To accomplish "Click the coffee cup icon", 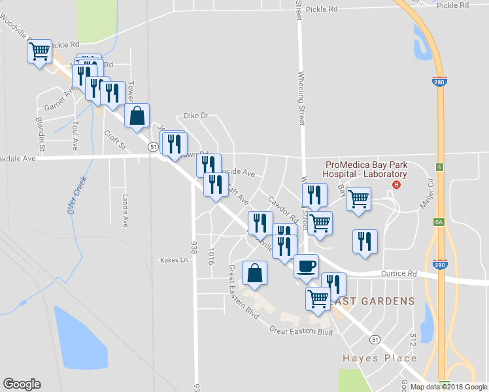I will pos(306,266).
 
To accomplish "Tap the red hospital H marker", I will pos(395,186).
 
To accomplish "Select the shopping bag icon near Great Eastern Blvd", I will pos(254,273).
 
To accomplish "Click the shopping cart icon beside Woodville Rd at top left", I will pos(39,51).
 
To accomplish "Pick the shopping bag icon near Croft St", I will pos(137,116).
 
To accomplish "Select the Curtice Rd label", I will pos(399,274).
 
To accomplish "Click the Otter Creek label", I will pos(76,195).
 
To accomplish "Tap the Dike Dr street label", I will pos(195,116).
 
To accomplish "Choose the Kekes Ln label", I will pos(174,260).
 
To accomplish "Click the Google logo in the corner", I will pos(22,384).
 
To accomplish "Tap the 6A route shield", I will pos(439,222).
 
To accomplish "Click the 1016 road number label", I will pos(211,255).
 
